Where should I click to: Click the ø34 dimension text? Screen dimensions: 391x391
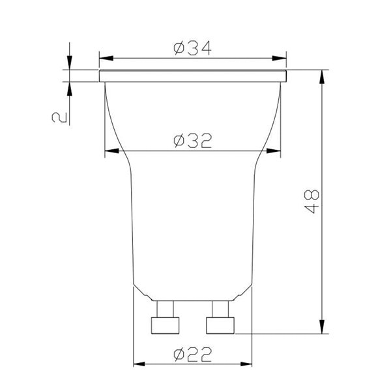click(192, 49)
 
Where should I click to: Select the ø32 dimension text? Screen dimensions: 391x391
click(192, 141)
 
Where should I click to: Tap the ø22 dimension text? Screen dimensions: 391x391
click(192, 355)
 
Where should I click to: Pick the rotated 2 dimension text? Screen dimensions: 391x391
click(59, 117)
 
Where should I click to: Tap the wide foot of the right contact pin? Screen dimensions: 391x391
click(220, 325)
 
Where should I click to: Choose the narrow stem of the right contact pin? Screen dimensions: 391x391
click(220, 308)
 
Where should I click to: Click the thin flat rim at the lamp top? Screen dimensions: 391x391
click(192, 76)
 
